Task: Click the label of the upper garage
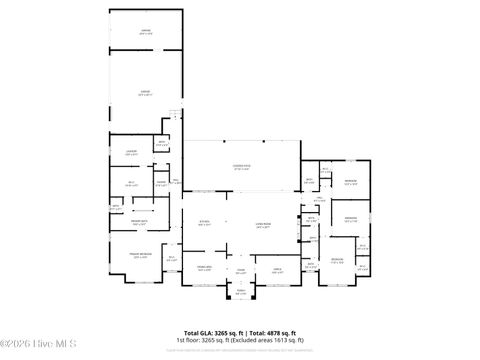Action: click(145, 31)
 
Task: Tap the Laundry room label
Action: click(131, 153)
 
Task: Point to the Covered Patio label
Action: click(242, 167)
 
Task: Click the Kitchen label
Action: click(204, 223)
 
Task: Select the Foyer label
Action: click(240, 270)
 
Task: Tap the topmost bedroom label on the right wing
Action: click(350, 182)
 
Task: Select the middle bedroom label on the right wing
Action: click(350, 218)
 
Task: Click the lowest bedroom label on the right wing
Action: click(337, 260)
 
